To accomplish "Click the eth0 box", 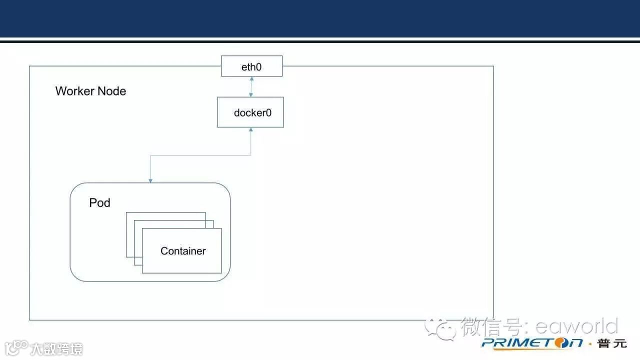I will pyautogui.click(x=251, y=66).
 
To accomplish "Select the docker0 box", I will pyautogui.click(x=250, y=112).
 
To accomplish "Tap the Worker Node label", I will pyautogui.click(x=90, y=91).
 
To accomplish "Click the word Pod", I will pyautogui.click(x=99, y=202).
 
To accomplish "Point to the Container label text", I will pyautogui.click(x=183, y=251).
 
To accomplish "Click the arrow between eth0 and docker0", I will pyautogui.click(x=251, y=86).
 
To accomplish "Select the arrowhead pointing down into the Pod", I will pyautogui.click(x=150, y=180).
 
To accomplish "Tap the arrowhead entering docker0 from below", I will pyautogui.click(x=251, y=130).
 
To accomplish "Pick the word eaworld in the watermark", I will pyautogui.click(x=576, y=326).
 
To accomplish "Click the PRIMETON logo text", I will pyautogui.click(x=532, y=343).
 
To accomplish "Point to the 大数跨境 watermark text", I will pyautogui.click(x=56, y=348).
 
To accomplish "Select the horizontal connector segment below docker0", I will pyautogui.click(x=200, y=155).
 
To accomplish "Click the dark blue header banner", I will pyautogui.click(x=320, y=18).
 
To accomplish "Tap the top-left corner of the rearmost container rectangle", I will pyautogui.click(x=126, y=212).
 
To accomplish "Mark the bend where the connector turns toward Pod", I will pyautogui.click(x=150, y=155).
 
